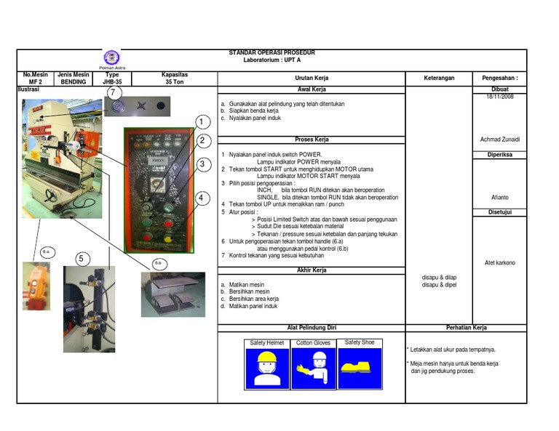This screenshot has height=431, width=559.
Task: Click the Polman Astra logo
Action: coord(111,58)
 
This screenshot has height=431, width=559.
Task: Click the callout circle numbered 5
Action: coord(82,258)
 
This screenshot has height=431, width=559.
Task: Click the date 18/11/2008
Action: coord(500,96)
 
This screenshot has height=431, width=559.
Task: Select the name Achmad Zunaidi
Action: coord(500,139)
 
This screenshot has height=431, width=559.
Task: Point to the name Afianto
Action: coord(500,196)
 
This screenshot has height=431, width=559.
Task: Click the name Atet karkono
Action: coord(500,262)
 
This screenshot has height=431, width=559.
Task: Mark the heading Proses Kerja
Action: coord(312,140)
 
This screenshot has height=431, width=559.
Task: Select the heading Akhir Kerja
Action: coord(312,270)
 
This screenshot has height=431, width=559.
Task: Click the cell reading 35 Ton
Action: coord(175,82)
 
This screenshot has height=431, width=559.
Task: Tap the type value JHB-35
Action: coord(112,82)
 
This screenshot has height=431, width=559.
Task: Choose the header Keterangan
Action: coord(439,78)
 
